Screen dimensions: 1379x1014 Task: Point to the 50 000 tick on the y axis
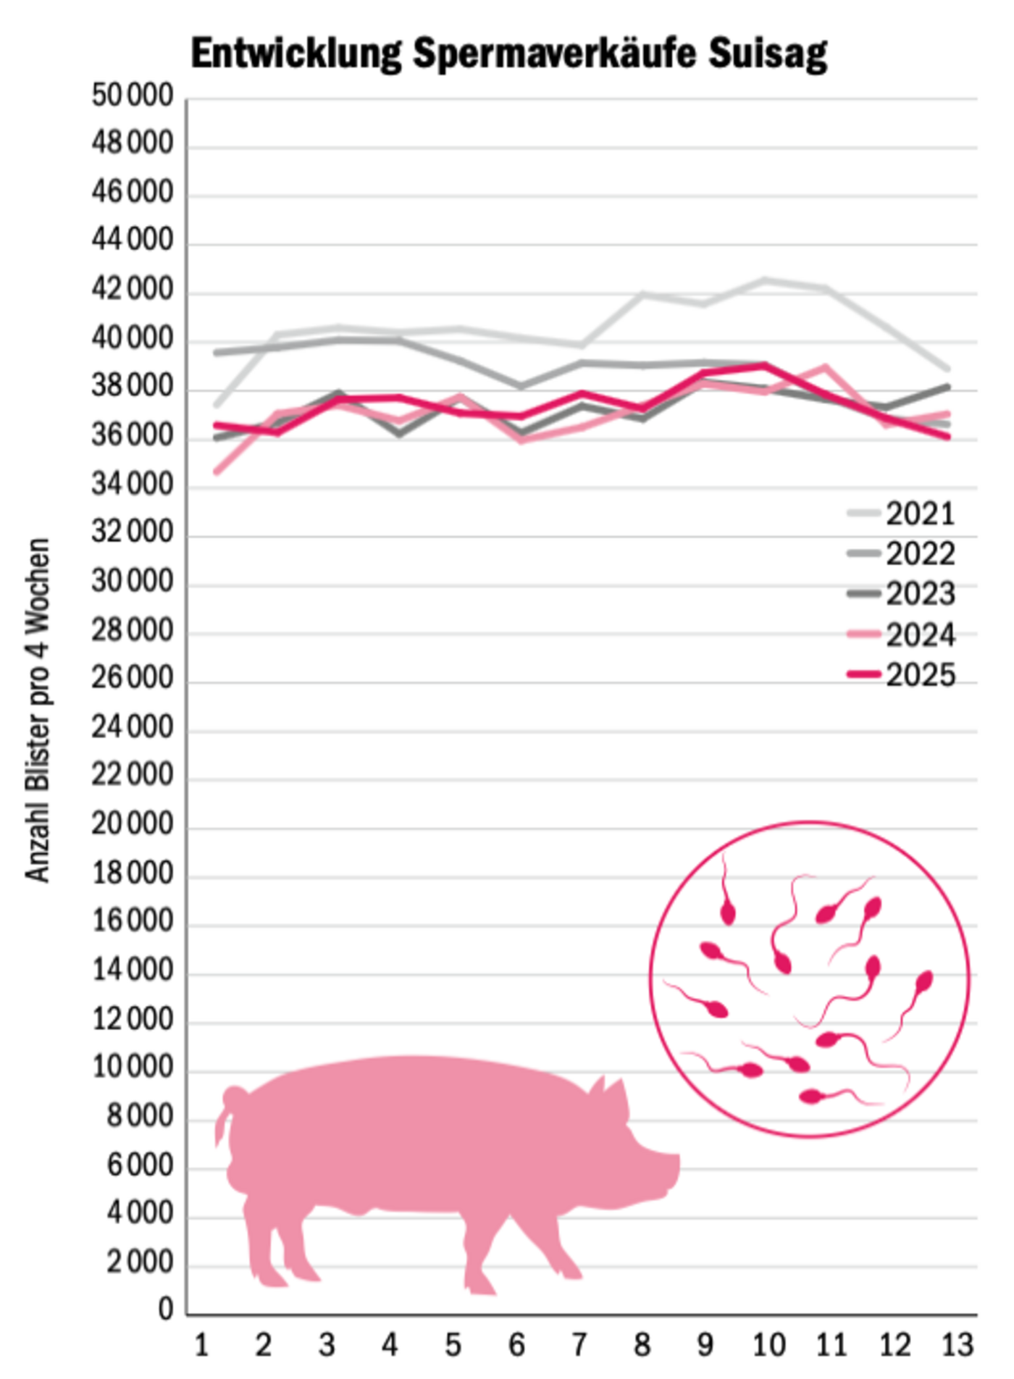click(133, 96)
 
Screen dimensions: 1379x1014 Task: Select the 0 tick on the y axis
click(166, 1309)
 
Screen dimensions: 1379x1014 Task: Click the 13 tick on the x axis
click(957, 1346)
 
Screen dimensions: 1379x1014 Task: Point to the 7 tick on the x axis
click(579, 1346)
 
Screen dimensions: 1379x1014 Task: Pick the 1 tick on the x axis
click(201, 1346)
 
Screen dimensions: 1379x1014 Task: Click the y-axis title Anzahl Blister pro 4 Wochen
click(38, 710)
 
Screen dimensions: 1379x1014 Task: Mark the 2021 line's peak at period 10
click(764, 280)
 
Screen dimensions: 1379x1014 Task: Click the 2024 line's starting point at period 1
click(217, 471)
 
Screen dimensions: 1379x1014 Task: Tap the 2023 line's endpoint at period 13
click(947, 387)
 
